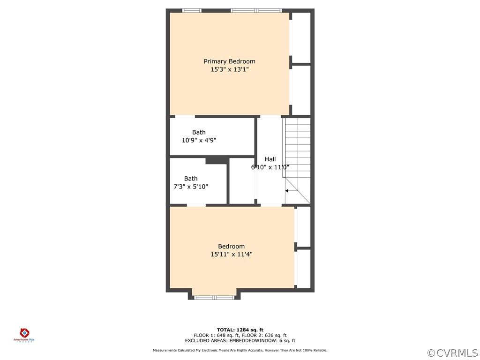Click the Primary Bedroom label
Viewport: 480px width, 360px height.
[229, 61]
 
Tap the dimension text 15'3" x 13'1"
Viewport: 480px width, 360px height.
[229, 69]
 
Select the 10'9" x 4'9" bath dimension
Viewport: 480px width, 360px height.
[199, 140]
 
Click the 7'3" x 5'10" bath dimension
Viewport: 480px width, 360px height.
[190, 187]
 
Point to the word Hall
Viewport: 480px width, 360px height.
[270, 159]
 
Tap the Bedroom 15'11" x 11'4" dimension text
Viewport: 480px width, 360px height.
[231, 255]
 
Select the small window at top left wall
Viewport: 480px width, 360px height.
[191, 10]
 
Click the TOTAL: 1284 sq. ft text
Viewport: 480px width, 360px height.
[240, 330]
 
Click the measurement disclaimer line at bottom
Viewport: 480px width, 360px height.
[240, 350]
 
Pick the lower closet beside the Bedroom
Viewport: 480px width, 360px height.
[304, 268]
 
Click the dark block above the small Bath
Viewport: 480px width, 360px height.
[217, 161]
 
